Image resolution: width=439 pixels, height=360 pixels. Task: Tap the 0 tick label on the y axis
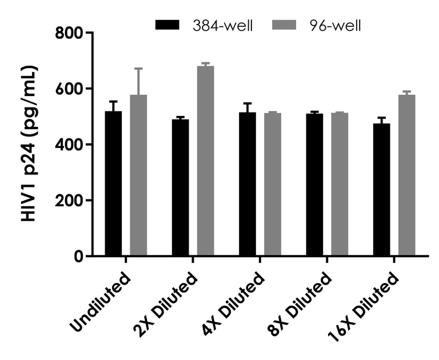click(77, 256)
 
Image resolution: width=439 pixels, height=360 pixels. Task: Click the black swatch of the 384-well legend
click(167, 25)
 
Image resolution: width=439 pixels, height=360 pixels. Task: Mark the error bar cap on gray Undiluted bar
click(138, 69)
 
